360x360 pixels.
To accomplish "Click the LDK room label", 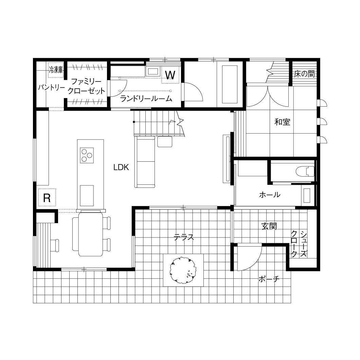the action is pyautogui.click(x=121, y=167).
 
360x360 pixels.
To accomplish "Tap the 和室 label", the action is pyautogui.click(x=282, y=122).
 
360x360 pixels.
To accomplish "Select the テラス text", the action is pyautogui.click(x=184, y=237).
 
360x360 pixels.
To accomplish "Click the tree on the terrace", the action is pyautogui.click(x=183, y=270).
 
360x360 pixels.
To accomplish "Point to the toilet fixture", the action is pyautogui.click(x=305, y=171).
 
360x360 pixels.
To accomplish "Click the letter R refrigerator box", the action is pyautogui.click(x=47, y=197).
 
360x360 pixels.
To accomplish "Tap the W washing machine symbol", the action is pyautogui.click(x=170, y=75).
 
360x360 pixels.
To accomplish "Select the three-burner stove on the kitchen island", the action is pyautogui.click(x=87, y=156).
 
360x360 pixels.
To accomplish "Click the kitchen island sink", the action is pyautogui.click(x=87, y=195).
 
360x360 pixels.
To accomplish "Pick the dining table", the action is pyautogui.click(x=90, y=234).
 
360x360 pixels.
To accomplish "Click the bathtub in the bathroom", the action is pyautogui.click(x=230, y=84).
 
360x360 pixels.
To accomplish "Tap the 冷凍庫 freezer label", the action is pyautogui.click(x=56, y=70).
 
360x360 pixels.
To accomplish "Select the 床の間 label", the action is pyautogui.click(x=304, y=74).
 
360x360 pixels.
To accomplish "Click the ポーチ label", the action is pyautogui.click(x=269, y=279).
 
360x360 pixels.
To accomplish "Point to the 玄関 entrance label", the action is pyautogui.click(x=269, y=227).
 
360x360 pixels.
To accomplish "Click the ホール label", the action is pyautogui.click(x=270, y=195).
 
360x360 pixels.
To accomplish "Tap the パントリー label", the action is pyautogui.click(x=51, y=87).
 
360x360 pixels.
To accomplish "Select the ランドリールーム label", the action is pyautogui.click(x=146, y=98).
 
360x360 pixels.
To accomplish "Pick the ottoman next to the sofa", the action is pyautogui.click(x=165, y=141).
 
